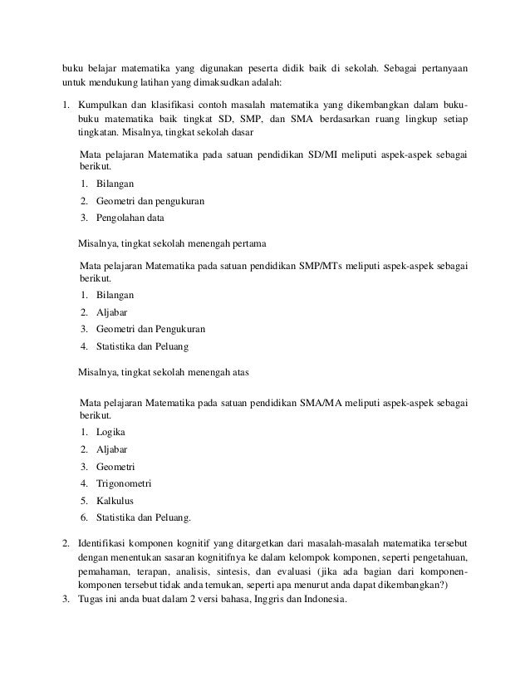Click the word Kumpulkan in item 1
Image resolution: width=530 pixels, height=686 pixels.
(103, 107)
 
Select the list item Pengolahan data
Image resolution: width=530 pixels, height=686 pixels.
(130, 218)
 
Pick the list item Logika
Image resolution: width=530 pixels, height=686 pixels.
(111, 432)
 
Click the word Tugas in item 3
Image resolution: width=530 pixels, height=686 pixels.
(91, 600)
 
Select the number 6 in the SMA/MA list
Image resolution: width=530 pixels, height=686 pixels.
(84, 519)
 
